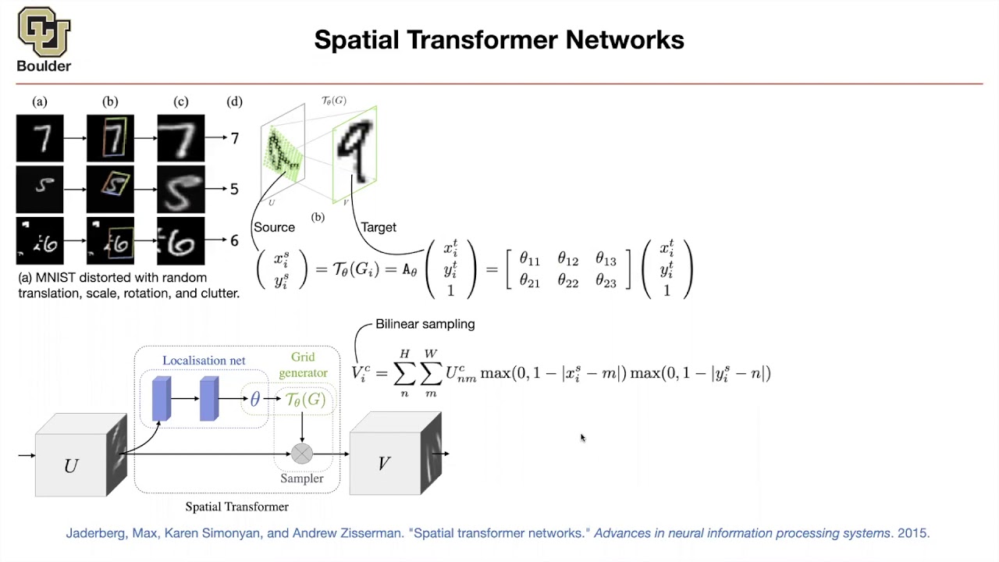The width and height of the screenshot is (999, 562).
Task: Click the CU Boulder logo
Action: tap(44, 39)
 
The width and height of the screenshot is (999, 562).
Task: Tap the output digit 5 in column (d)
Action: tap(234, 190)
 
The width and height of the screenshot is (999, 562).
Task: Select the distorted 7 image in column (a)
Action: tap(40, 138)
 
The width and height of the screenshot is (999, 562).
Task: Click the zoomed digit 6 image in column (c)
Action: tap(181, 241)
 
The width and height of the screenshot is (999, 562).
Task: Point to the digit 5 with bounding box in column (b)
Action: tap(110, 190)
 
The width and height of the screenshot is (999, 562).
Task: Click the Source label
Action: tap(274, 227)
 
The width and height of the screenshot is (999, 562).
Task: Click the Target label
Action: tap(379, 227)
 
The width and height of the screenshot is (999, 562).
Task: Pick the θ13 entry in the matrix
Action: tap(606, 259)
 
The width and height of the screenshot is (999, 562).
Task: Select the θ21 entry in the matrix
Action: tap(530, 283)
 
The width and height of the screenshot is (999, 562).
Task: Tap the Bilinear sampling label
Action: tap(425, 324)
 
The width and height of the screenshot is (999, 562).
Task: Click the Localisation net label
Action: tap(204, 361)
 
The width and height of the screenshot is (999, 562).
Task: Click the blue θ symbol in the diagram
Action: tap(254, 400)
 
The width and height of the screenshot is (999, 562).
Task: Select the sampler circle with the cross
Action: tap(302, 454)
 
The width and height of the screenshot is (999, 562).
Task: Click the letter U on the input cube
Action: tap(71, 466)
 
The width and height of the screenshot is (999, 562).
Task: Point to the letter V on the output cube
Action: tap(384, 464)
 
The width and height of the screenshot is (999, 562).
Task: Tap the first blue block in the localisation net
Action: tap(162, 399)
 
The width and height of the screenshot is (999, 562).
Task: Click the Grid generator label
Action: tap(304, 365)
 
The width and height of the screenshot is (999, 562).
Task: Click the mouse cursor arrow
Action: tap(583, 439)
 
